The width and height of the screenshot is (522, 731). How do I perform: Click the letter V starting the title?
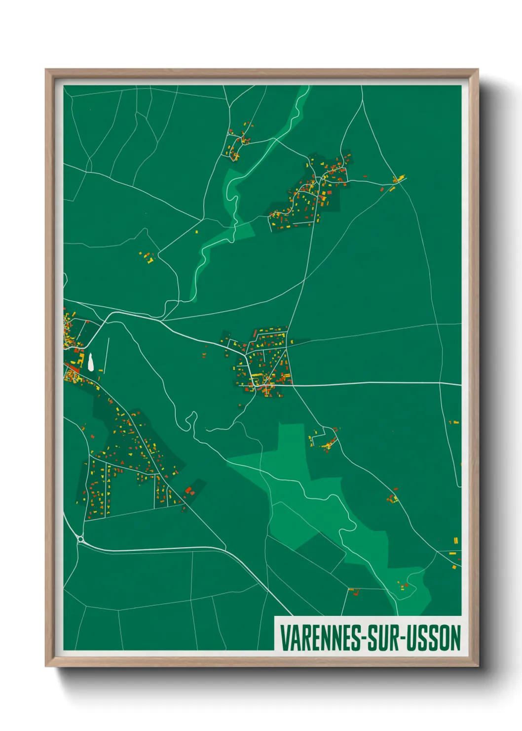pos(284,638)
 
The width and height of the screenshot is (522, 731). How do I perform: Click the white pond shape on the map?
pos(91,362)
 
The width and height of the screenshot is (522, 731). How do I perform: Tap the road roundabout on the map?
pos(80,539)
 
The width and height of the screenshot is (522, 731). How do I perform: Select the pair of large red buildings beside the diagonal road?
pos(189,490)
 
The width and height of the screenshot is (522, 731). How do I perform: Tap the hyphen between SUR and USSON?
pos(405,639)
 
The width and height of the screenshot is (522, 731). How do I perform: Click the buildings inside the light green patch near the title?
pos(403,586)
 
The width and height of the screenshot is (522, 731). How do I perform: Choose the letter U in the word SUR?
pos(384,638)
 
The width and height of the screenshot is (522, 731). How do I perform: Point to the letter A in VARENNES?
pos(294,638)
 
